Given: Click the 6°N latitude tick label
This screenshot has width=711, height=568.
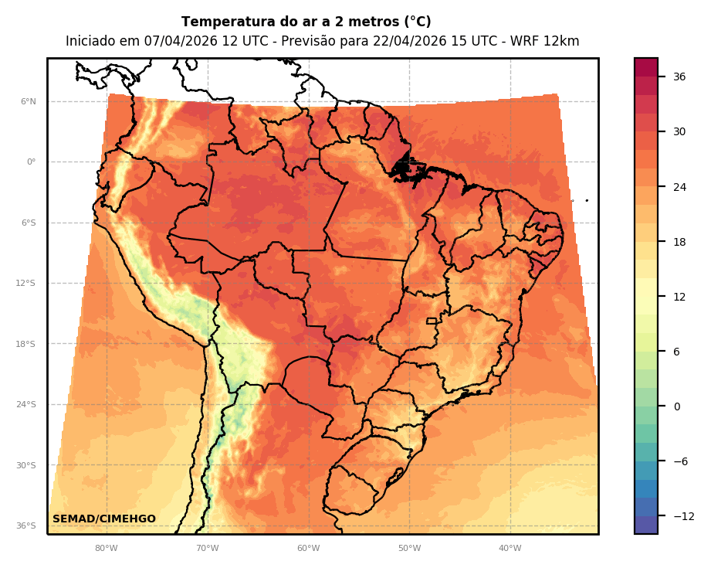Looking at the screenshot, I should pyautogui.click(x=28, y=101).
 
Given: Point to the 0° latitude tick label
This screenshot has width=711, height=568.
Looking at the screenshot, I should pyautogui.click(x=31, y=162).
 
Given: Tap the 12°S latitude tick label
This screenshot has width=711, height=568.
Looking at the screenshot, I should pyautogui.click(x=25, y=284).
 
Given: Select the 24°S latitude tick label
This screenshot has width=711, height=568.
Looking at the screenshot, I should pyautogui.click(x=25, y=405).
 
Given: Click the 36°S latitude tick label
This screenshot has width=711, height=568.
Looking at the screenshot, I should pyautogui.click(x=25, y=526).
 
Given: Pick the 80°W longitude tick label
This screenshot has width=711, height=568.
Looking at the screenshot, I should pyautogui.click(x=106, y=549).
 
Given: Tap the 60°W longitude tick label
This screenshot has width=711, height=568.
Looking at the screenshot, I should pyautogui.click(x=308, y=549).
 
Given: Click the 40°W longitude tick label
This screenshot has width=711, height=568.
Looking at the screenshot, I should pyautogui.click(x=510, y=549).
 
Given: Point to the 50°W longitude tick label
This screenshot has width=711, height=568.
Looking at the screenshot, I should pyautogui.click(x=409, y=549).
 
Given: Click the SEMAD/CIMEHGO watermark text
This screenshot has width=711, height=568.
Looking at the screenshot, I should pyautogui.click(x=104, y=519).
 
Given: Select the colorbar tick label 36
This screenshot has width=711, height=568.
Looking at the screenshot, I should pyautogui.click(x=679, y=77).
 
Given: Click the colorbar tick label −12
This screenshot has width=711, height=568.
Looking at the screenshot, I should pyautogui.click(x=682, y=516).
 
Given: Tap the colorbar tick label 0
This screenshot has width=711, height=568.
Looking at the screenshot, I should pyautogui.click(x=677, y=406).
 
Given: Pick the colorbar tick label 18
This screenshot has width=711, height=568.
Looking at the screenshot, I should pyautogui.click(x=679, y=242).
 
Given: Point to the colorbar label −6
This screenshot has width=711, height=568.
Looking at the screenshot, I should pyautogui.click(x=680, y=461).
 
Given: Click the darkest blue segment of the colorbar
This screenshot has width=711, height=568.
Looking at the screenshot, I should pyautogui.click(x=646, y=525).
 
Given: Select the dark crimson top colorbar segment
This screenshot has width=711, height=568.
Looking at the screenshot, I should pyautogui.click(x=646, y=67).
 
